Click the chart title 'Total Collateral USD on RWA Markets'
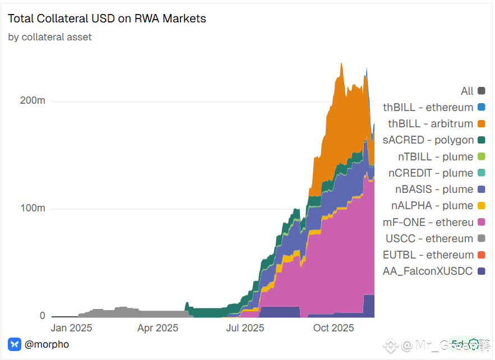tap(107, 19)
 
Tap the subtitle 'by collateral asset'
tap(50, 37)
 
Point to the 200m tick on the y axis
tap(32, 101)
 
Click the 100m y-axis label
tap(32, 209)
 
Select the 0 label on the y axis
tap(42, 316)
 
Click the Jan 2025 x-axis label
tap(71, 328)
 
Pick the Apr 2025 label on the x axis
tap(158, 328)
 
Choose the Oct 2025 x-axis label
tap(333, 328)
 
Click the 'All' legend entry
tap(467, 91)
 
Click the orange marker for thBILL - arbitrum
tap(481, 123)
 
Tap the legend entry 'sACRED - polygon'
tap(428, 140)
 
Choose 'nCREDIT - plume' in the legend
tap(431, 173)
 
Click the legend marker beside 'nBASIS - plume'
tap(481, 189)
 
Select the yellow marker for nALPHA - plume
tap(481, 206)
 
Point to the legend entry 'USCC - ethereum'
tap(429, 239)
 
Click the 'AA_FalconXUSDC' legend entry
tap(428, 271)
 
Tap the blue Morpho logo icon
tap(15, 344)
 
